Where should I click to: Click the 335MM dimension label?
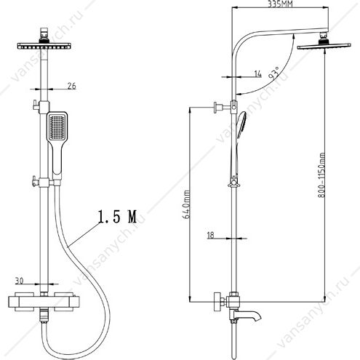(280, 4)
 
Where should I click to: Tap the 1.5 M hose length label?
(118, 217)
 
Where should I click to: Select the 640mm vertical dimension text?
(187, 205)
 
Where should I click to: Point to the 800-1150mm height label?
(321, 175)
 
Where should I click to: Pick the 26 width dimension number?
(71, 86)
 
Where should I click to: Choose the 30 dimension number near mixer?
(20, 281)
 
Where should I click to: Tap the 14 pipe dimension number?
(258, 74)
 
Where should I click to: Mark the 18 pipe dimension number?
(211, 235)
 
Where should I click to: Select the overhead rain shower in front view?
(44, 46)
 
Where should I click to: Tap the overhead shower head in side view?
(324, 46)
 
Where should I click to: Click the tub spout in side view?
(247, 316)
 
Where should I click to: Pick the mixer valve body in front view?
(44, 302)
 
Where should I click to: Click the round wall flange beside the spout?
(217, 302)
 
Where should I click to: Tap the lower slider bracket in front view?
(43, 182)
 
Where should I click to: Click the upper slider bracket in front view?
(42, 107)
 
